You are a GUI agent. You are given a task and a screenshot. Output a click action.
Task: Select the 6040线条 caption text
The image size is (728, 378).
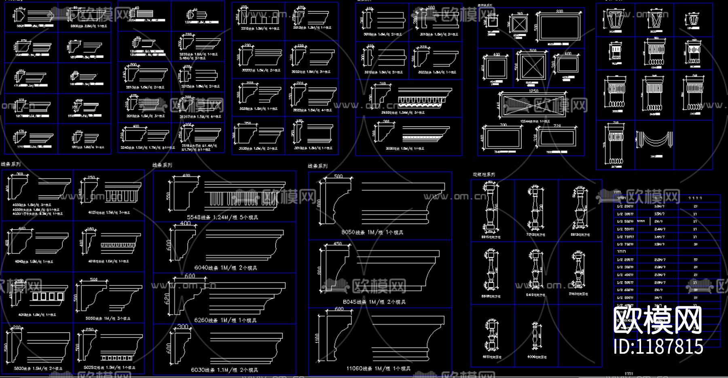tap(225, 268)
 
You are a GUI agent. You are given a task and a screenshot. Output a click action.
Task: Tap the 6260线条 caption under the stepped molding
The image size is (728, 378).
tap(225, 320)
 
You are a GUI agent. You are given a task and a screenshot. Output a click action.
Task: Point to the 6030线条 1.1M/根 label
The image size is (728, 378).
tap(224, 370)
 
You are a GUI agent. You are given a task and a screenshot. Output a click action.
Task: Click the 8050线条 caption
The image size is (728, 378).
tap(372, 232)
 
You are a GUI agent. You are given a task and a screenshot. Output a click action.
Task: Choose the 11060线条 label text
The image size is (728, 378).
tap(378, 369)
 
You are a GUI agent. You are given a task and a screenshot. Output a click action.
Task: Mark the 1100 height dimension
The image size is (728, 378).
tap(317, 338)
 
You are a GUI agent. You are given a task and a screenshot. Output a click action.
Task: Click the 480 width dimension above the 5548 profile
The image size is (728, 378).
tap(186, 176)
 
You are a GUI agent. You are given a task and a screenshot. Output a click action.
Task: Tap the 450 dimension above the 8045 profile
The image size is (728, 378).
tap(337, 244)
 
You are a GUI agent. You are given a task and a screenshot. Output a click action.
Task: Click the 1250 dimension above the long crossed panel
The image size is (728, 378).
tap(533, 91)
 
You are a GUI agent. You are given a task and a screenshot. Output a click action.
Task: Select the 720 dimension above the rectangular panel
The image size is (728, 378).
tap(557, 126)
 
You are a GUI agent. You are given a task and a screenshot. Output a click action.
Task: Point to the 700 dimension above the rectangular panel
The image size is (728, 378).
tap(503, 125)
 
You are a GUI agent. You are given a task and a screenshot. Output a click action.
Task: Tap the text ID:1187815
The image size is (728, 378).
tap(658, 346)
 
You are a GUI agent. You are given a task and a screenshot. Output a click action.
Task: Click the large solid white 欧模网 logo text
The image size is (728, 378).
tap(657, 320)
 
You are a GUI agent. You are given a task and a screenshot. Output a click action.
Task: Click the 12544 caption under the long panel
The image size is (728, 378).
tap(535, 121)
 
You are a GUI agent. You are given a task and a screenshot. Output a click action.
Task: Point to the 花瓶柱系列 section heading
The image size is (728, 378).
tap(484, 174)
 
